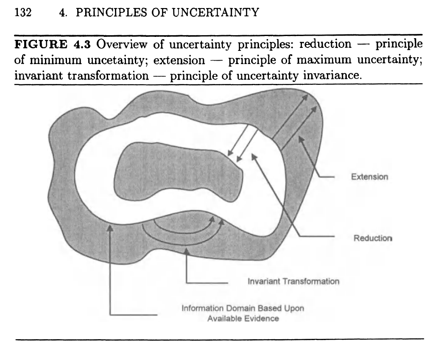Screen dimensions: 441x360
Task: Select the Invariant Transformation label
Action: click(x=293, y=281)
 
